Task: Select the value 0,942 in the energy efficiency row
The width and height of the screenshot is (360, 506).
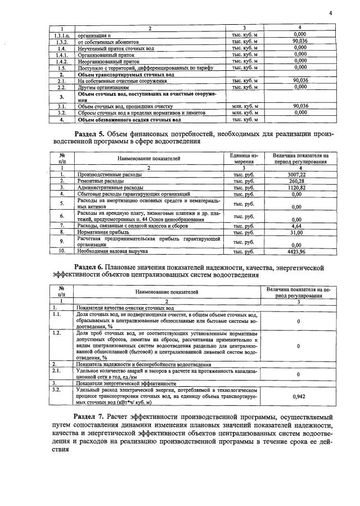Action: (298, 396)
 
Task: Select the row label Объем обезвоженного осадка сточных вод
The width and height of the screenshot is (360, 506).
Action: (129, 119)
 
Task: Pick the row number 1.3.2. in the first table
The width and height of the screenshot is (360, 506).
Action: (62, 42)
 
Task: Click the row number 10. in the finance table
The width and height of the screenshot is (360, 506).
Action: (62, 251)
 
